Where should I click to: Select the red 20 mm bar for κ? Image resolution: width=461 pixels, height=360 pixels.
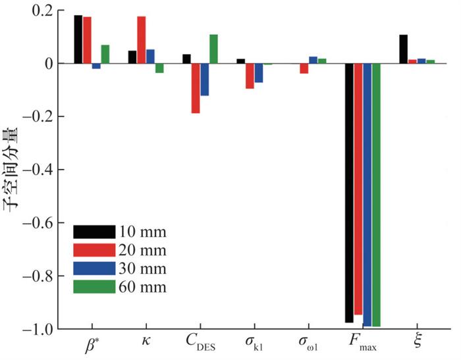141,40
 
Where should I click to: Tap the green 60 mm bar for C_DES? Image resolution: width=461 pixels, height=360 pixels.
213,49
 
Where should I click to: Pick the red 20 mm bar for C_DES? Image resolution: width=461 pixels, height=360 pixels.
196,88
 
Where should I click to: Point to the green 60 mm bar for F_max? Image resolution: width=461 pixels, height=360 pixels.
376,195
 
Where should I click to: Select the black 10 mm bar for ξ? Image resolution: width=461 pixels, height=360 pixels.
403,49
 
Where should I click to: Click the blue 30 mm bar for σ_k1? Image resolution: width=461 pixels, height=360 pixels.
259,73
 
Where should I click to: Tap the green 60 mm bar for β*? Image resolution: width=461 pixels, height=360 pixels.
105,55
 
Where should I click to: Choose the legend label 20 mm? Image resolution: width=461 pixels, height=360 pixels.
143,250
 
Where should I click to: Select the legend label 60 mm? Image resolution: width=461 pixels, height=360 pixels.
143,286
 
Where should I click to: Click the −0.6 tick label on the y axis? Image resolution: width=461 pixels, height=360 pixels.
42,223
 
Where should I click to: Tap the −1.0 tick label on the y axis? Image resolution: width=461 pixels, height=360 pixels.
42,329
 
